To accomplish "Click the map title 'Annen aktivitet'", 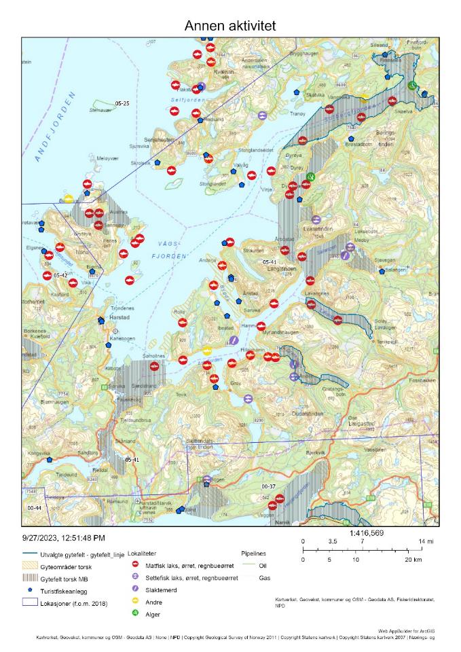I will [230, 26].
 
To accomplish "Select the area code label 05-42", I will [60, 276].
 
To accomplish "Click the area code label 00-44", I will [35, 507].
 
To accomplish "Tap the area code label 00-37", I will [269, 487].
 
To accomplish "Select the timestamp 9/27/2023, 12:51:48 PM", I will [64, 538].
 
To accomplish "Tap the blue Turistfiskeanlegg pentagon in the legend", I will [30, 590].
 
